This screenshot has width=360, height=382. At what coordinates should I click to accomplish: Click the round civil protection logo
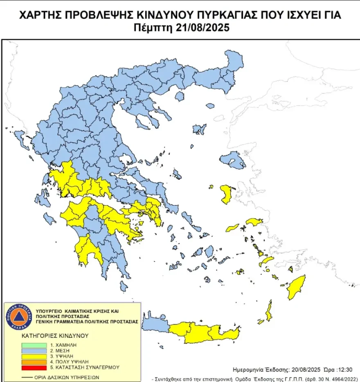(19, 317)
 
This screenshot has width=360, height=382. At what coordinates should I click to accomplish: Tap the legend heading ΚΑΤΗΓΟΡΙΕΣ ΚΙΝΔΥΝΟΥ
(55, 335)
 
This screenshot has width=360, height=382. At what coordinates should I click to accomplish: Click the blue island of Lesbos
(232, 160)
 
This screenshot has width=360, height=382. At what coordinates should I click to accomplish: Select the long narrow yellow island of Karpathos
(269, 311)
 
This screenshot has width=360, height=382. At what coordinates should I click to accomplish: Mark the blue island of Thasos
(179, 96)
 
